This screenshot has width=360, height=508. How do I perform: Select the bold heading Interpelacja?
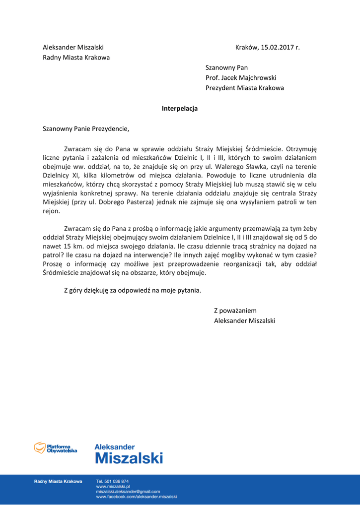pos(180,108)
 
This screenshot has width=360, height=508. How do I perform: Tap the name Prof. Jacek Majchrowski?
pos(241,78)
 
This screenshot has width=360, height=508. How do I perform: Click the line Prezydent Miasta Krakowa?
pos(245,88)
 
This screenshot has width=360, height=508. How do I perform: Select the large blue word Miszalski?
pos(129,458)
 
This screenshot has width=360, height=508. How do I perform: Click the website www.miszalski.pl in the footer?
pos(113,487)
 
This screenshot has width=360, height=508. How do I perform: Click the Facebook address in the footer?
pos(137,496)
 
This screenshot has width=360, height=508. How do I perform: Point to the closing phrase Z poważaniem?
pos(235,311)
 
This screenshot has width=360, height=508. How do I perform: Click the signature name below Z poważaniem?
pos(244,320)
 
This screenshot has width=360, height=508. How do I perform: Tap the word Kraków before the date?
pos(246,48)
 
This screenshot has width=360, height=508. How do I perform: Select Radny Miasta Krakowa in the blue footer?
pos(58,481)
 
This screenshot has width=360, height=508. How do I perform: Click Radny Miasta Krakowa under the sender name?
pos(76,58)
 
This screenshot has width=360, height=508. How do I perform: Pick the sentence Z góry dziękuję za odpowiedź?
pos(133,290)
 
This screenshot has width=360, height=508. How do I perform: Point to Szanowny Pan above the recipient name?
pos(226,67)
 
